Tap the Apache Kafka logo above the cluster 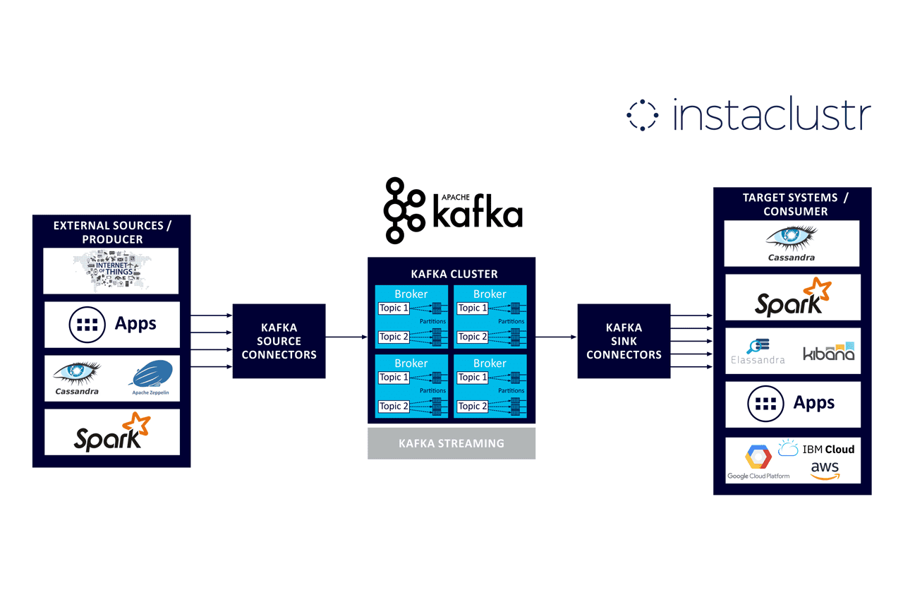pyautogui.click(x=454, y=210)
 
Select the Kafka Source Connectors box pyautogui.click(x=279, y=341)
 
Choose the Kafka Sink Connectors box pyautogui.click(x=624, y=341)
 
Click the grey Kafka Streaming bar pyautogui.click(x=451, y=443)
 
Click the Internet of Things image pyautogui.click(x=111, y=270)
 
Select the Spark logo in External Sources pyautogui.click(x=112, y=432)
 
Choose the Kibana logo pyautogui.click(x=829, y=351)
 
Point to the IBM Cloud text pyautogui.click(x=828, y=449)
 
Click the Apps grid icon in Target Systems pyautogui.click(x=766, y=404)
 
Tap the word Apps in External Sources pyautogui.click(x=135, y=324)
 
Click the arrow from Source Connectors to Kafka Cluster pyautogui.click(x=346, y=337)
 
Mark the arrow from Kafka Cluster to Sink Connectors pyautogui.click(x=556, y=337)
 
